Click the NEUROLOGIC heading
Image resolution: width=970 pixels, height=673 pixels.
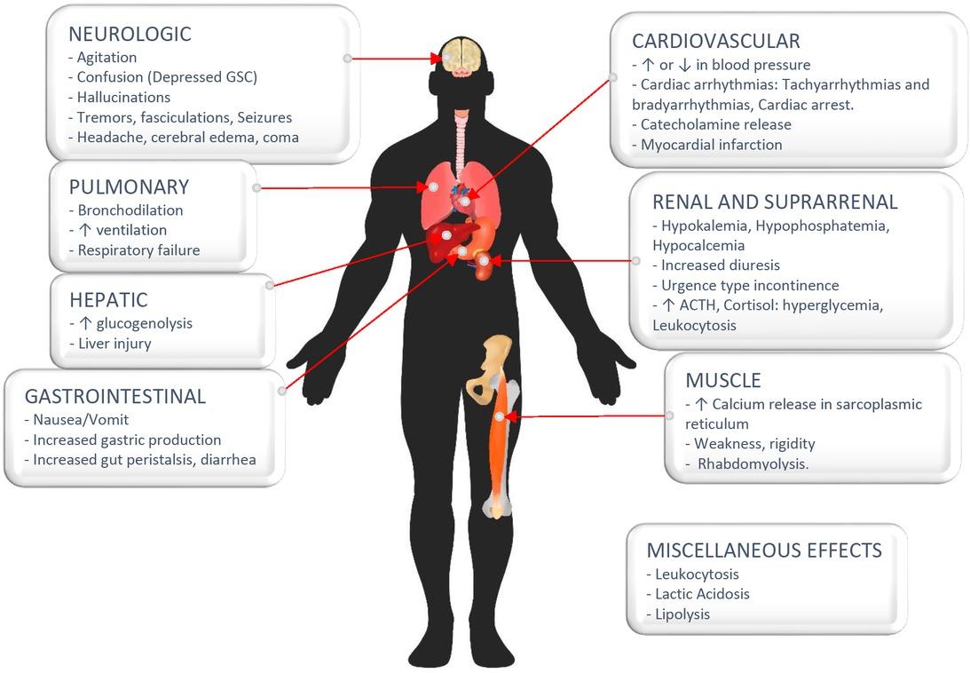[x=130, y=34]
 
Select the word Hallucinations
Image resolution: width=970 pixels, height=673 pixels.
[x=123, y=97]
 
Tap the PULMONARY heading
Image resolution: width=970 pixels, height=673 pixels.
[x=130, y=187]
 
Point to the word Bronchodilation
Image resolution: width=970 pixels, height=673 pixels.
[x=130, y=210]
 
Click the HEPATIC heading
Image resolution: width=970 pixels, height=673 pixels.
[x=109, y=300]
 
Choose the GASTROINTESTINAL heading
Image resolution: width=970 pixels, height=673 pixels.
[x=115, y=396]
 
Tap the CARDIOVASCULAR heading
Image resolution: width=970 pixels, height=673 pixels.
[x=716, y=42]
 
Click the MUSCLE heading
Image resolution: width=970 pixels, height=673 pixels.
[x=723, y=380]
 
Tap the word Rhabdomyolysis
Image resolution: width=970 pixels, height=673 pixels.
[x=753, y=464]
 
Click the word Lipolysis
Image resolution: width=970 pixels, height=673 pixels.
[x=682, y=614]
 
